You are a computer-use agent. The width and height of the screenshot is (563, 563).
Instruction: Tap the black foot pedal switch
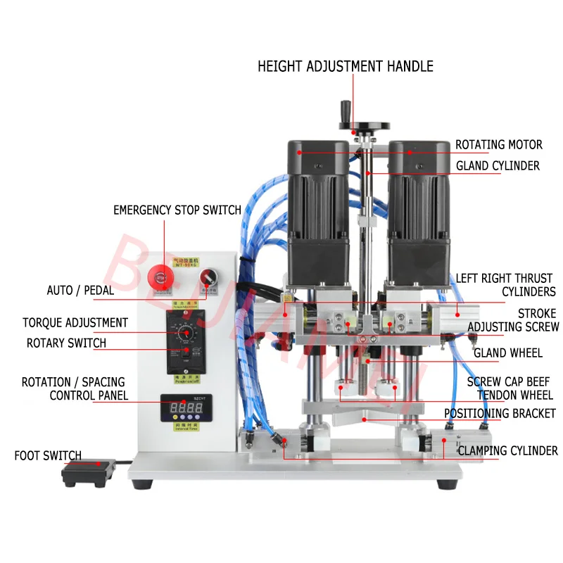click(89, 472)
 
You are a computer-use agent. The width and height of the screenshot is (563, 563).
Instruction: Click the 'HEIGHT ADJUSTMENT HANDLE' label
click(345, 67)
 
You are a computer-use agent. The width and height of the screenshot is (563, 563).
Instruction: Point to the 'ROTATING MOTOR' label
click(498, 144)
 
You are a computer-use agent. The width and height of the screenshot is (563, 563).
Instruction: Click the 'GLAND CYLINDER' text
click(498, 166)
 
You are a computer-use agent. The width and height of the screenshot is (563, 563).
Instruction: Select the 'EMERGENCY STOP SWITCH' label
click(177, 210)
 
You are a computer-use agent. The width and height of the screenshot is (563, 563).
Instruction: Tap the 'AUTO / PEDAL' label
click(80, 290)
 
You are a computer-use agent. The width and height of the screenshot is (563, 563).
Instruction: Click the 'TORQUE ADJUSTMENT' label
click(75, 323)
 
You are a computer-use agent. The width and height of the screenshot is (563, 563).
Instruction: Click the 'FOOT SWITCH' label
click(48, 456)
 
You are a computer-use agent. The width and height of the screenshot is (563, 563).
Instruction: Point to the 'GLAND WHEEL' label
click(507, 353)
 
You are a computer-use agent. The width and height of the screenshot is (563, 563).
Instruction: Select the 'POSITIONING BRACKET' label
click(500, 414)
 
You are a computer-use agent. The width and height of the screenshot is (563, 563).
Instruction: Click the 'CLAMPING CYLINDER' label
click(508, 450)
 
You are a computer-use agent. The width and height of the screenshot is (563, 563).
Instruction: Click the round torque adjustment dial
click(186, 333)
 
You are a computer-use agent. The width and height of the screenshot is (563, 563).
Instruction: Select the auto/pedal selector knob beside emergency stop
click(207, 276)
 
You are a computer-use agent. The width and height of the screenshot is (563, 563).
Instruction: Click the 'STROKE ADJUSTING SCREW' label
click(514, 320)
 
